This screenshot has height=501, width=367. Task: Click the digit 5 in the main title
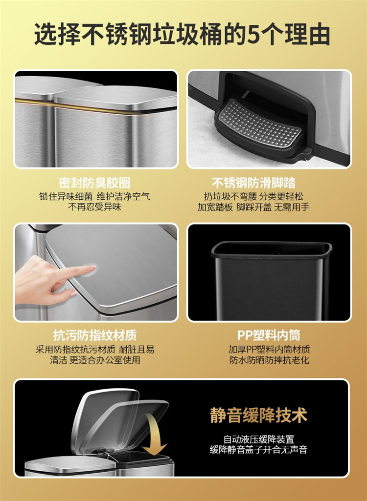click(255, 34)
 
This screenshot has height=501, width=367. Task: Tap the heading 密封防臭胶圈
click(95, 183)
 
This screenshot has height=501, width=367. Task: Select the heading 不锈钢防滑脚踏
click(253, 183)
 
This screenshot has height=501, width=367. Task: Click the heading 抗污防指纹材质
click(95, 335)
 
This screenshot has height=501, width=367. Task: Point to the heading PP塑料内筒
click(269, 335)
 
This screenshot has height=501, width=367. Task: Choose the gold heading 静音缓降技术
click(259, 415)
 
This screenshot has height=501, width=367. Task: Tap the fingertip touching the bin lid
click(92, 270)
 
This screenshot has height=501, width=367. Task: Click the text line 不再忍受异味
click(95, 207)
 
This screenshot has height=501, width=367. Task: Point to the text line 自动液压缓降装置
click(259, 439)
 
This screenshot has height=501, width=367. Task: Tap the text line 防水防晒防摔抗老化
click(269, 360)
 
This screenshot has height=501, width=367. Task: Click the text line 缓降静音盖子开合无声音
click(259, 450)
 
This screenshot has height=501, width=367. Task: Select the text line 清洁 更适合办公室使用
click(95, 360)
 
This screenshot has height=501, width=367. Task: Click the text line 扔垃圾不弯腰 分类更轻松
click(253, 196)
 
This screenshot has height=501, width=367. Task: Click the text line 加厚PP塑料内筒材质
click(269, 349)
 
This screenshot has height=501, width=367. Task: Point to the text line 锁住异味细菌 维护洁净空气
click(95, 196)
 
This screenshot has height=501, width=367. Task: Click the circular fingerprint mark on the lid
click(89, 270)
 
